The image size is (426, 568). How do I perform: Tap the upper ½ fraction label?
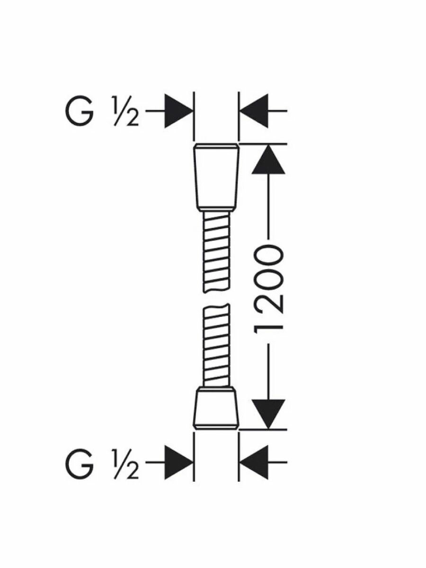125,112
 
